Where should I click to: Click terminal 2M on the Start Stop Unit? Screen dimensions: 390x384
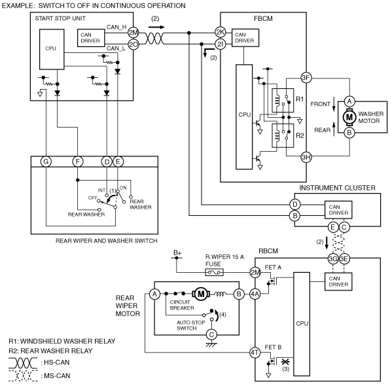tap(133, 33)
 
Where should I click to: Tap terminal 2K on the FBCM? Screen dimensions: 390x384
tap(221, 32)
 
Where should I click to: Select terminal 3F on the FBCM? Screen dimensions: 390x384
tap(306, 78)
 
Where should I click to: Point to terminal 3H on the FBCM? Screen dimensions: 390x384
tap(306, 157)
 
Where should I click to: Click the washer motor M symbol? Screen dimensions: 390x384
tap(349, 116)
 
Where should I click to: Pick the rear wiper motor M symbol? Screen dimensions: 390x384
tap(201, 294)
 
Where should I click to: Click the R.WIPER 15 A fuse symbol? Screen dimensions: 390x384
tap(214, 272)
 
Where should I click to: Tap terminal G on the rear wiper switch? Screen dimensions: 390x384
tap(46, 162)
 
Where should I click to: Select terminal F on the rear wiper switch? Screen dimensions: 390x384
tap(78, 162)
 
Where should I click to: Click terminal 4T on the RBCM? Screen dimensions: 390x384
tap(255, 353)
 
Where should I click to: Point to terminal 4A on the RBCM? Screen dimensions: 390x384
tap(255, 294)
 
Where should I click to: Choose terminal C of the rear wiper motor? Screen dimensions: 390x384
tap(211, 334)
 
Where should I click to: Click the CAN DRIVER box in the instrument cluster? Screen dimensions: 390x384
tap(338, 210)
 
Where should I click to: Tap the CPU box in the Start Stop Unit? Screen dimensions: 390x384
tap(52, 49)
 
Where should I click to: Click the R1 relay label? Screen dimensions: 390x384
tap(300, 99)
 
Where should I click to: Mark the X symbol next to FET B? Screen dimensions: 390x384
tap(285, 362)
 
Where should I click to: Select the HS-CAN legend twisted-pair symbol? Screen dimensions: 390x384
tap(23, 363)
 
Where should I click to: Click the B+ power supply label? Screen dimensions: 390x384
tap(177, 253)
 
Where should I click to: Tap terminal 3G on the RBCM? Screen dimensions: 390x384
tap(333, 259)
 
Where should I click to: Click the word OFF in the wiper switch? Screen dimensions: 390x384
tap(92, 198)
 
